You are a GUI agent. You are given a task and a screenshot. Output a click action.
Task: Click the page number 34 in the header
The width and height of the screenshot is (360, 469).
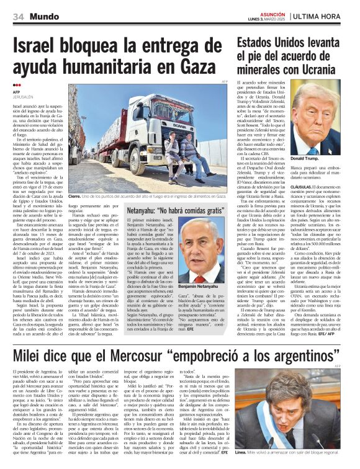(17, 17)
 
